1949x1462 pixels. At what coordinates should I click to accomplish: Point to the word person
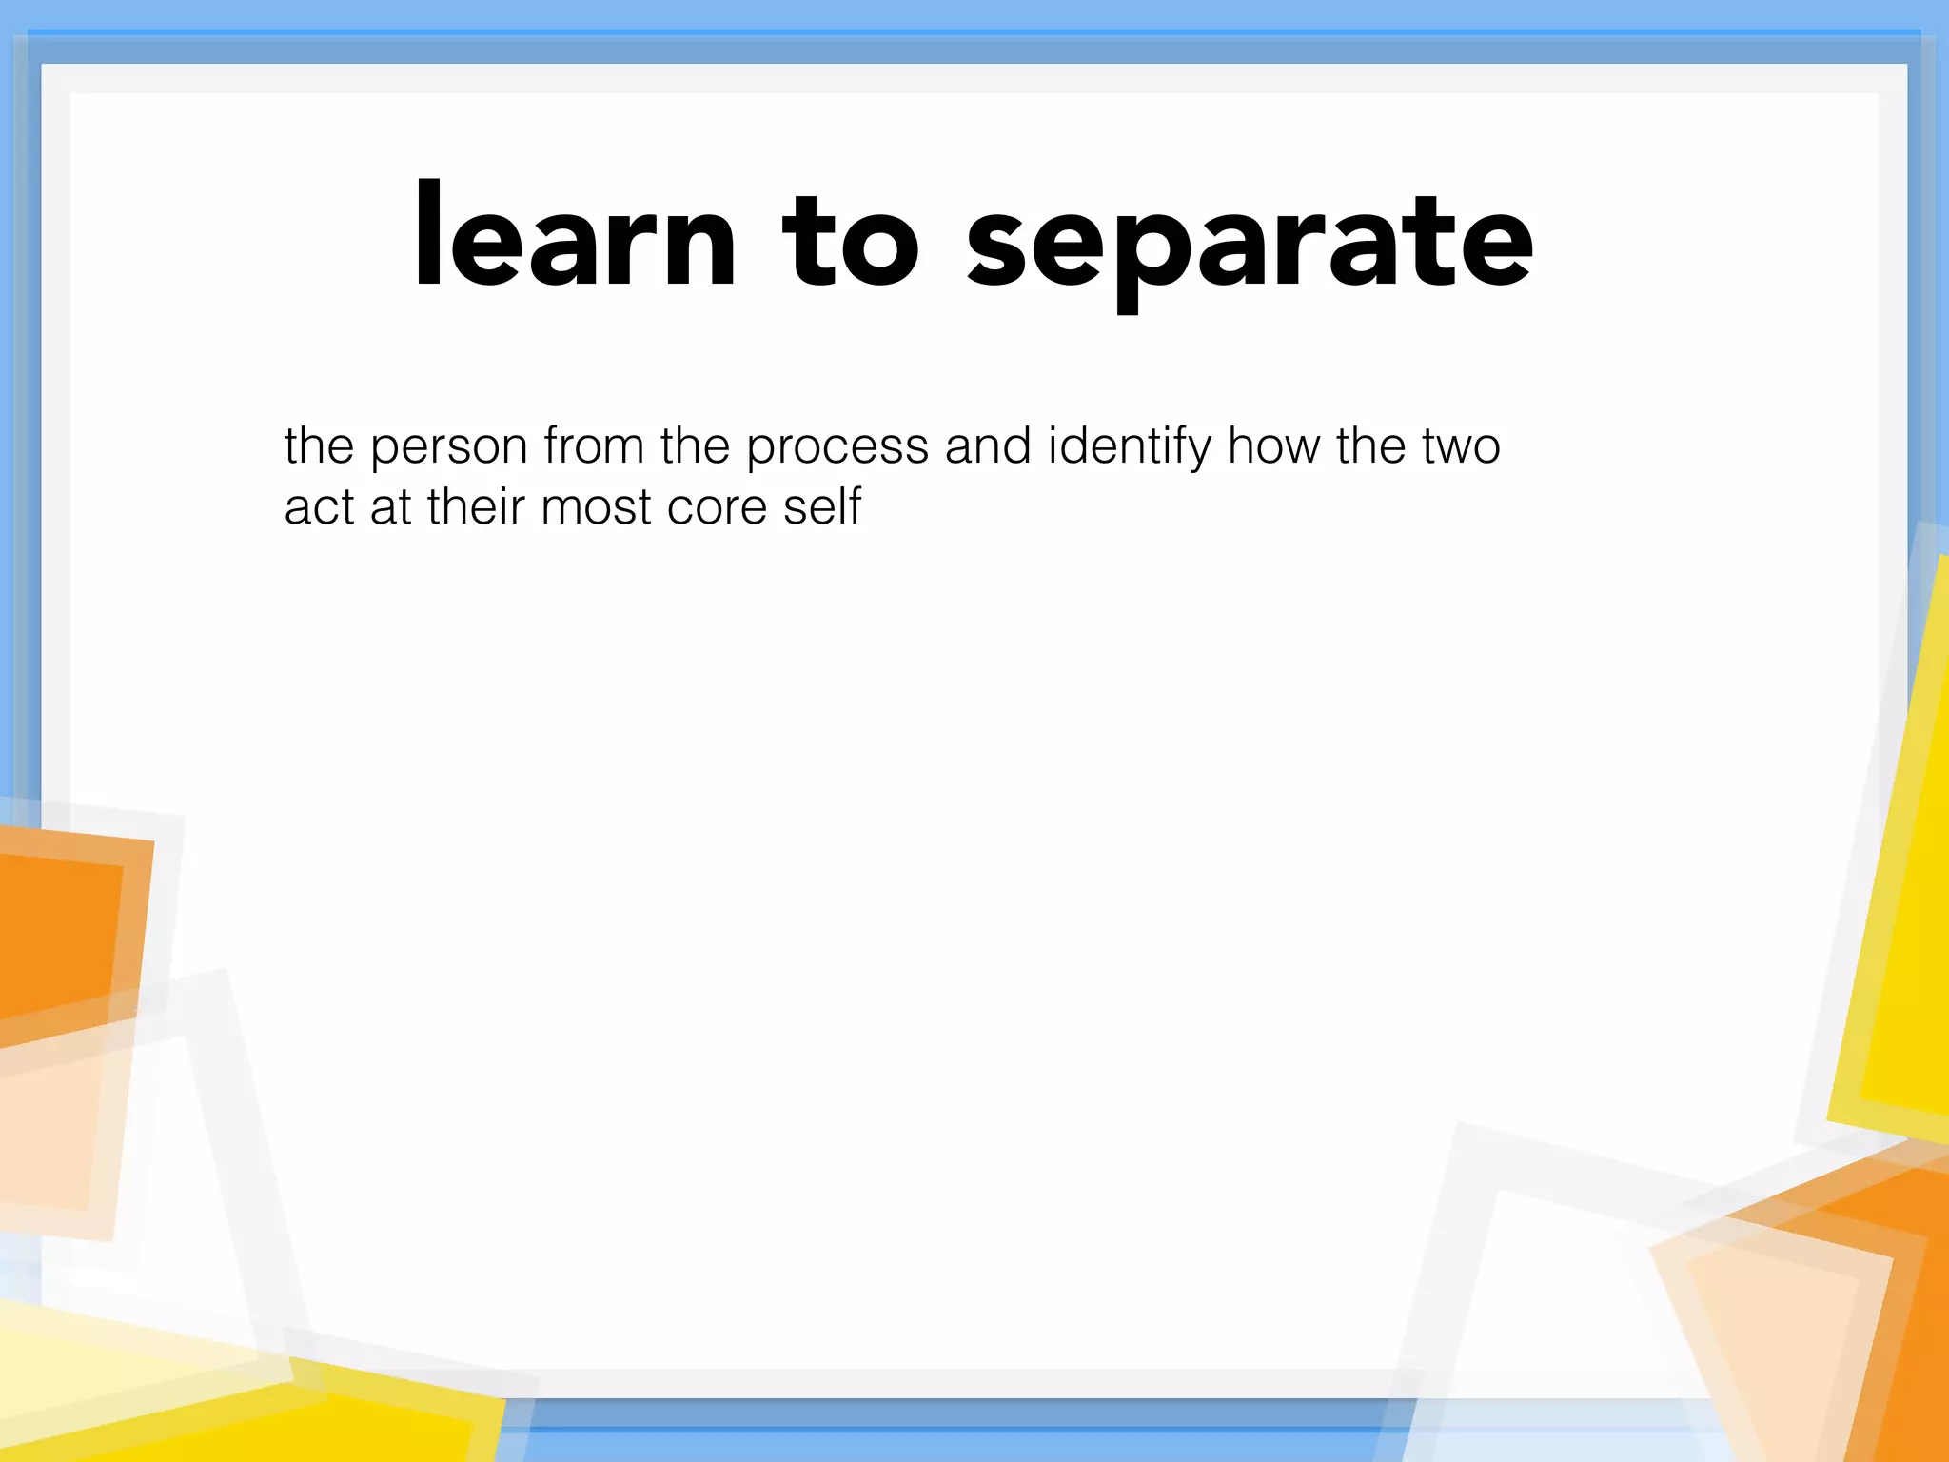point(448,446)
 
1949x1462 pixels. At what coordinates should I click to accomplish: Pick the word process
point(837,446)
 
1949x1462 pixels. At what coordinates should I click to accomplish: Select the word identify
point(1129,446)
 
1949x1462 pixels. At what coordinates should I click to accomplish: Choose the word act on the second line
point(319,507)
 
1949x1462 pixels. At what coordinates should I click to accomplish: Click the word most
point(595,507)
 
